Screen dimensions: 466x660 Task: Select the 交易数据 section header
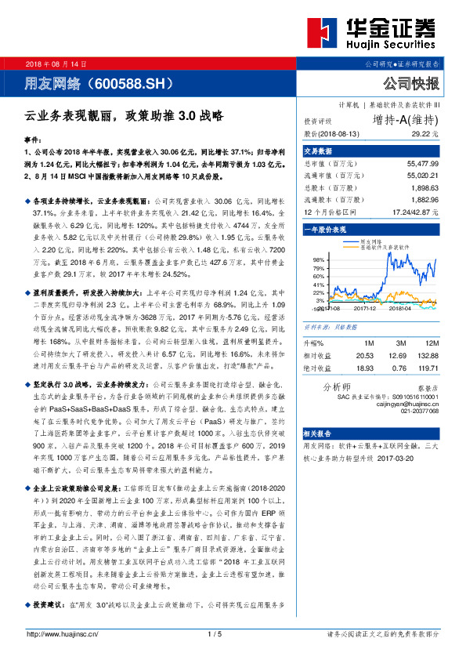pos(319,150)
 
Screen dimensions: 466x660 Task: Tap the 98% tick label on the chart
pos(319,258)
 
